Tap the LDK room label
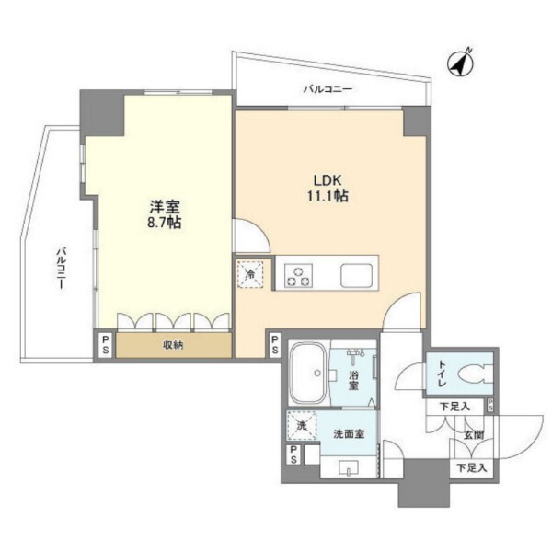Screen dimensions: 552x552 328,180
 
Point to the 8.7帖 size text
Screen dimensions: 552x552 165,223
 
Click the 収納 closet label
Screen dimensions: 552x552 173,346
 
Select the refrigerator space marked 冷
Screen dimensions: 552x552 250,274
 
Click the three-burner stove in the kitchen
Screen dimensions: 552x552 298,274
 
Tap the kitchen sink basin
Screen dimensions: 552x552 356,275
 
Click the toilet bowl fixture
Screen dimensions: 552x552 475,374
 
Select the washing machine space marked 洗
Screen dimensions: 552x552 302,426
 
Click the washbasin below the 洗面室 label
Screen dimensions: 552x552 349,467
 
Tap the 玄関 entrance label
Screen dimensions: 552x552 473,435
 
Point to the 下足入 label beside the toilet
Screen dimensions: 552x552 454,407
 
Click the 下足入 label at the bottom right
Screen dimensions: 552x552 472,468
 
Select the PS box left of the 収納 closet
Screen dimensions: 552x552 105,345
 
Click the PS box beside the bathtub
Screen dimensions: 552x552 274,345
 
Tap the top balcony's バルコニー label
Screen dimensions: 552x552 328,89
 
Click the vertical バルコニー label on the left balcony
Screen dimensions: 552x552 62,269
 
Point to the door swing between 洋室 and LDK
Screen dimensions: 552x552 252,236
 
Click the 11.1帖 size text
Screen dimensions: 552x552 328,195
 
